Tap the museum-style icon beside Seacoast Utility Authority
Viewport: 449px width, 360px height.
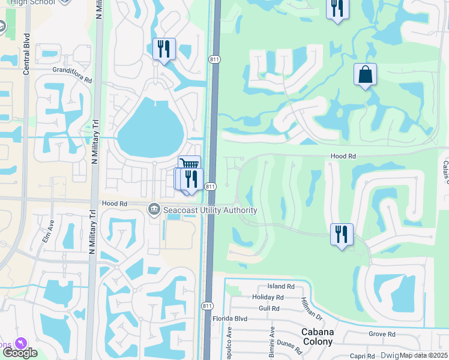pos(154,209)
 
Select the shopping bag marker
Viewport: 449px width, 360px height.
pos(365,75)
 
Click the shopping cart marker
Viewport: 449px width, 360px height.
pos(190,164)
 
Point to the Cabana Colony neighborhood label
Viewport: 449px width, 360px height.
pos(317,337)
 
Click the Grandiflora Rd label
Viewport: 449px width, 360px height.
pos(71,79)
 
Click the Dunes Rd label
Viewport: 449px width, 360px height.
pos(289,344)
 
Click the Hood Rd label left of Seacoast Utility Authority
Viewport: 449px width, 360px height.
pos(114,204)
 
